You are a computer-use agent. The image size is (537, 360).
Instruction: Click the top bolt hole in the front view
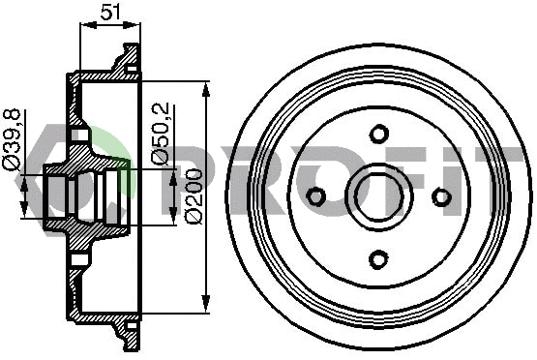pos(378,134)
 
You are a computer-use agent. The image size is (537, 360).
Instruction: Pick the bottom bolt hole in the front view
pos(378,258)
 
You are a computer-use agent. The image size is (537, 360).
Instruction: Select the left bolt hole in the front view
pos(315,196)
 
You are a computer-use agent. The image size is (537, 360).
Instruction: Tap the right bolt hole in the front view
pos(441,196)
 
